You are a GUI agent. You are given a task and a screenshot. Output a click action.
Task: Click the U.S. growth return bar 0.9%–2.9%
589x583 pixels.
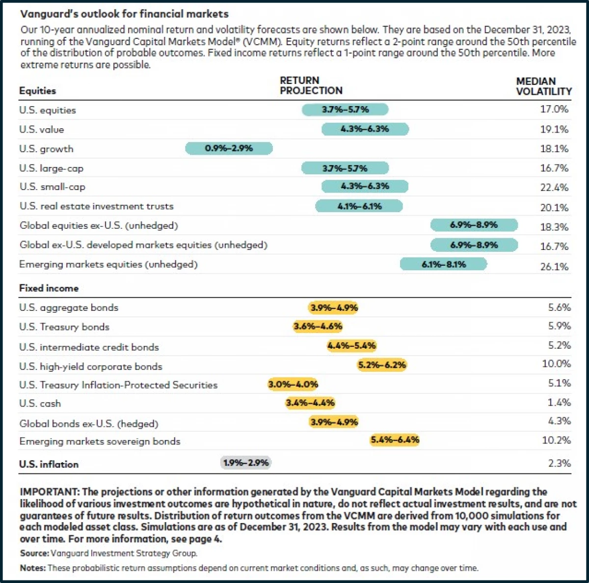pyautogui.click(x=229, y=148)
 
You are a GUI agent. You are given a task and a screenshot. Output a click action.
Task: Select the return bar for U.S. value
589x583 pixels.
pyautogui.click(x=365, y=129)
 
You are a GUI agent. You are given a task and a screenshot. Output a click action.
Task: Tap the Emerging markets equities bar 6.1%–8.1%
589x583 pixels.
pyautogui.click(x=444, y=264)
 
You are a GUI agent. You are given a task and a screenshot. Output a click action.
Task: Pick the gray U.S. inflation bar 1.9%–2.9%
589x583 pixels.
pyautogui.click(x=246, y=463)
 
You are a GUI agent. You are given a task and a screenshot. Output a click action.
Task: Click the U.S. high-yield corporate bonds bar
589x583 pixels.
pyautogui.click(x=382, y=365)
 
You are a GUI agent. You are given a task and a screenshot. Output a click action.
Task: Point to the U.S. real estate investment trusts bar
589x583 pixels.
pyautogui.click(x=359, y=206)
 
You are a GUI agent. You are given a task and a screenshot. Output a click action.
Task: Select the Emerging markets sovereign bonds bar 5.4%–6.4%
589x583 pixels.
pyautogui.click(x=395, y=440)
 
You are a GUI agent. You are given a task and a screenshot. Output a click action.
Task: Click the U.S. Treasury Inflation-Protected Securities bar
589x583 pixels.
pyautogui.click(x=293, y=384)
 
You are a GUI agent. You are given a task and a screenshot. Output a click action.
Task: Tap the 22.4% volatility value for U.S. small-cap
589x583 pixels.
pyautogui.click(x=554, y=188)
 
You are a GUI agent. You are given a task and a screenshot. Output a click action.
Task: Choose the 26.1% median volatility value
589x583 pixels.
pyautogui.click(x=554, y=267)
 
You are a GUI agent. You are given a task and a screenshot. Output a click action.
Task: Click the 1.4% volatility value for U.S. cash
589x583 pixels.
pyautogui.click(x=559, y=403)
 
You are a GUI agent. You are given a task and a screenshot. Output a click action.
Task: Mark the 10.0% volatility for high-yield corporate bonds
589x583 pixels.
pyautogui.click(x=556, y=364)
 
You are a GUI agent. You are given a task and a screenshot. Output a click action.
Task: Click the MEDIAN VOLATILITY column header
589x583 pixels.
pyautogui.click(x=543, y=86)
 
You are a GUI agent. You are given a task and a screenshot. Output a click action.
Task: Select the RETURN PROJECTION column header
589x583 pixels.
pyautogui.click(x=311, y=85)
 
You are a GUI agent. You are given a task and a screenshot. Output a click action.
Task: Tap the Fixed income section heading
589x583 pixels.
pyautogui.click(x=49, y=288)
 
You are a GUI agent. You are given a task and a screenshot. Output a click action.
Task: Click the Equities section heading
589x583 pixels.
pyautogui.click(x=37, y=91)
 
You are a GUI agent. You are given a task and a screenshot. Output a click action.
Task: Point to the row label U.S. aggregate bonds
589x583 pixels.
pyautogui.click(x=69, y=308)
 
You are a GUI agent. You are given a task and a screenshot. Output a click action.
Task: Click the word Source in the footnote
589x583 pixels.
pyautogui.click(x=34, y=553)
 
